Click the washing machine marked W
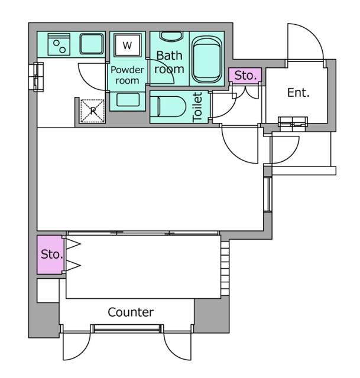[128, 45]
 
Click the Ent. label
[299, 93]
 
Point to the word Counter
[131, 312]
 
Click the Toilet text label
[197, 107]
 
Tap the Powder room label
[127, 75]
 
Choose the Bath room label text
[169, 62]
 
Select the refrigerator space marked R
[93, 111]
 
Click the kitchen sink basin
[92, 44]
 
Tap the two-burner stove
[59, 44]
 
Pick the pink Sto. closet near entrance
[245, 76]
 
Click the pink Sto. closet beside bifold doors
[50, 255]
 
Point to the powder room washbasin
[128, 100]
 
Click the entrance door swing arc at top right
[305, 41]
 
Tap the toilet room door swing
[224, 105]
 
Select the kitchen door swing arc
[92, 77]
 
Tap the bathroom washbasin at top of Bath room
[171, 37]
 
